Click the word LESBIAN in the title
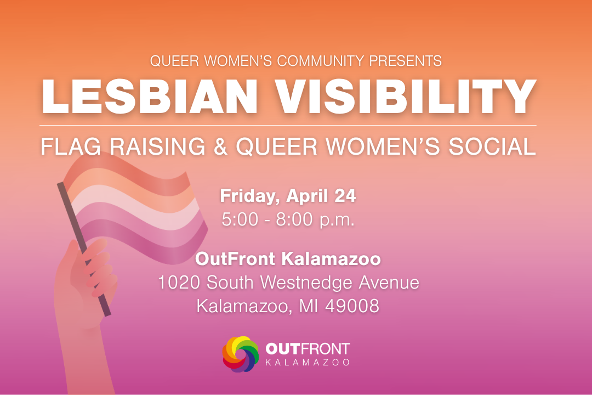tap(150, 97)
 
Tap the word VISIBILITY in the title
tap(406, 97)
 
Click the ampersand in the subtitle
tap(221, 146)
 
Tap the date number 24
tap(345, 195)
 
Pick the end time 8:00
tap(297, 219)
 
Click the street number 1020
tap(179, 283)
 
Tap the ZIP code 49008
tap(352, 306)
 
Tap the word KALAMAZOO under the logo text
tap(307, 363)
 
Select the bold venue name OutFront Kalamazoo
tap(288, 258)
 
